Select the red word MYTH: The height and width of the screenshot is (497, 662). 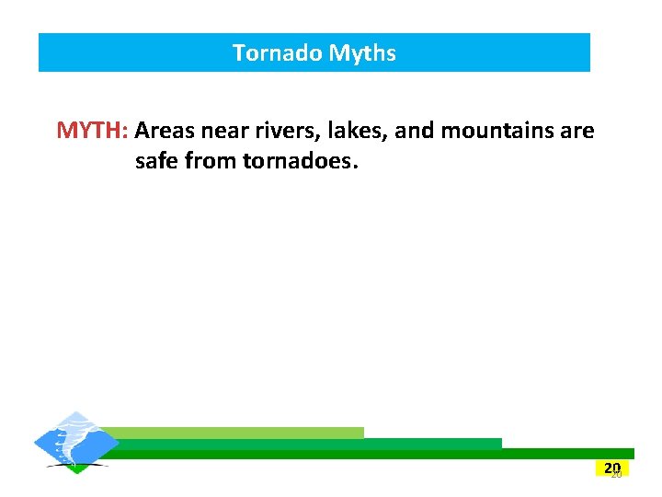pos(93,131)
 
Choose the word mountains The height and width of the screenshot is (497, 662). pos(496,131)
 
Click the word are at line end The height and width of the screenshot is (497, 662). pos(576,131)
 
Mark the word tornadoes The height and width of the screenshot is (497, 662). pos(299,162)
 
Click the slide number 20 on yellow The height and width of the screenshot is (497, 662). pos(612,468)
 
